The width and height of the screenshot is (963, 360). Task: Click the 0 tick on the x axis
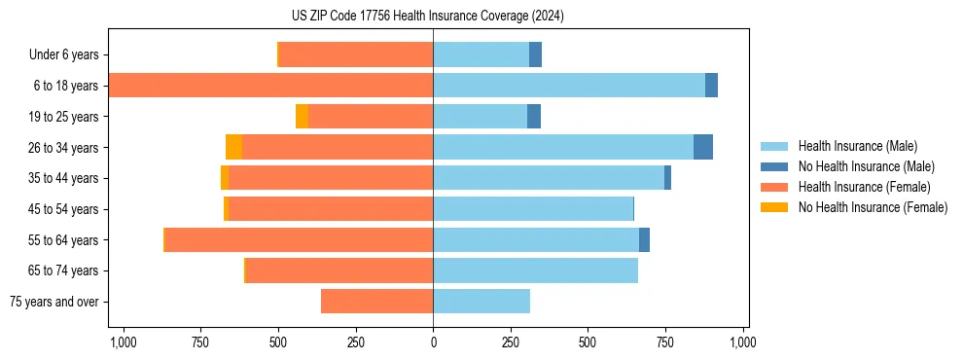click(x=433, y=342)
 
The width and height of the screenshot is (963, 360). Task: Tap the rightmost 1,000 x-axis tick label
click(x=743, y=342)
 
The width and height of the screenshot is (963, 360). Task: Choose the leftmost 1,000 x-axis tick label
click(x=124, y=342)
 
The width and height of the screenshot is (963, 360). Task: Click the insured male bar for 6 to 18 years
click(x=569, y=86)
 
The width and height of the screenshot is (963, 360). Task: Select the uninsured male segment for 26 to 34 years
click(x=703, y=147)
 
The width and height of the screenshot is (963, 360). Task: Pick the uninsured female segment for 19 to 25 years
click(x=302, y=117)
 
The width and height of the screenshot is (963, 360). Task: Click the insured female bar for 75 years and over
click(x=376, y=302)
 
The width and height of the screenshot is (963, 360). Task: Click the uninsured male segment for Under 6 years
click(x=535, y=54)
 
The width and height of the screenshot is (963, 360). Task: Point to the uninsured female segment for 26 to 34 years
click(x=233, y=147)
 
